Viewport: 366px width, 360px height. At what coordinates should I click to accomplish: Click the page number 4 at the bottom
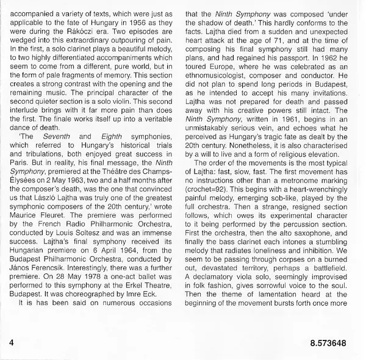pos(12,344)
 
